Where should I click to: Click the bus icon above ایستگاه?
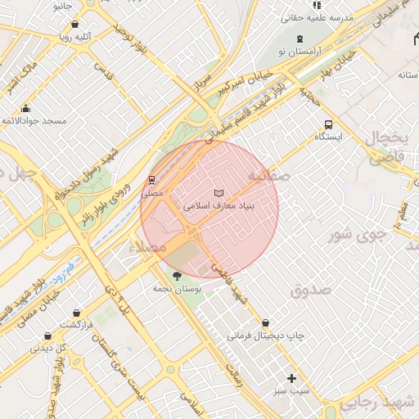point(328,124)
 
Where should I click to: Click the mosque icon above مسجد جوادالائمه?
point(26,109)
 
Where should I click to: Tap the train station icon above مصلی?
point(151,180)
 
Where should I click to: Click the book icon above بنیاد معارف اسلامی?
point(217,193)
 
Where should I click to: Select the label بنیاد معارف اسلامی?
point(219,206)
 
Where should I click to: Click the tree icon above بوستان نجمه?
point(177,276)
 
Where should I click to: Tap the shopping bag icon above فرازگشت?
point(76,313)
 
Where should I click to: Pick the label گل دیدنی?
point(47,348)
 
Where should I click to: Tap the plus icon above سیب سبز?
point(292,378)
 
